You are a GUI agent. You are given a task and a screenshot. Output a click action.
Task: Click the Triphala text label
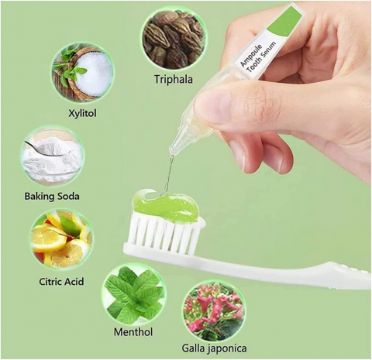tap(174, 79)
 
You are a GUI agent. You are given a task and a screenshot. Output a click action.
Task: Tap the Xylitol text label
tap(82, 113)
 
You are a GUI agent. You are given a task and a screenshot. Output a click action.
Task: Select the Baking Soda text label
tap(52, 197)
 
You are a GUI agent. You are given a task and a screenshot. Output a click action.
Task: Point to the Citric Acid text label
tap(61, 281)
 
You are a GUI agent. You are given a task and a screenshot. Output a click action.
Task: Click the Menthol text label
tap(133, 332)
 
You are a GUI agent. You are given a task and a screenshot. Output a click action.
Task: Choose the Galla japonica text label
tap(214, 348)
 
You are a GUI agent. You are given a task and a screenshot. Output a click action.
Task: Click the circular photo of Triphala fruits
tap(174, 39)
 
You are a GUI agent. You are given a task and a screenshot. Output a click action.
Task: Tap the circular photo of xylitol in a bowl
tap(83, 74)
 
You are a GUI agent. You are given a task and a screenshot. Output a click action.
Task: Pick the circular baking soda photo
tap(52, 156)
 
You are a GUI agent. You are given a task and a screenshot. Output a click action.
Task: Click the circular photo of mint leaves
tap(134, 295)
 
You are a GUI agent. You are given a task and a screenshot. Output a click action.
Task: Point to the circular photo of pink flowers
tap(214, 311)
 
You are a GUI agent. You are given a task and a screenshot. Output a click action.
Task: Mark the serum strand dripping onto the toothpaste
tap(169, 173)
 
